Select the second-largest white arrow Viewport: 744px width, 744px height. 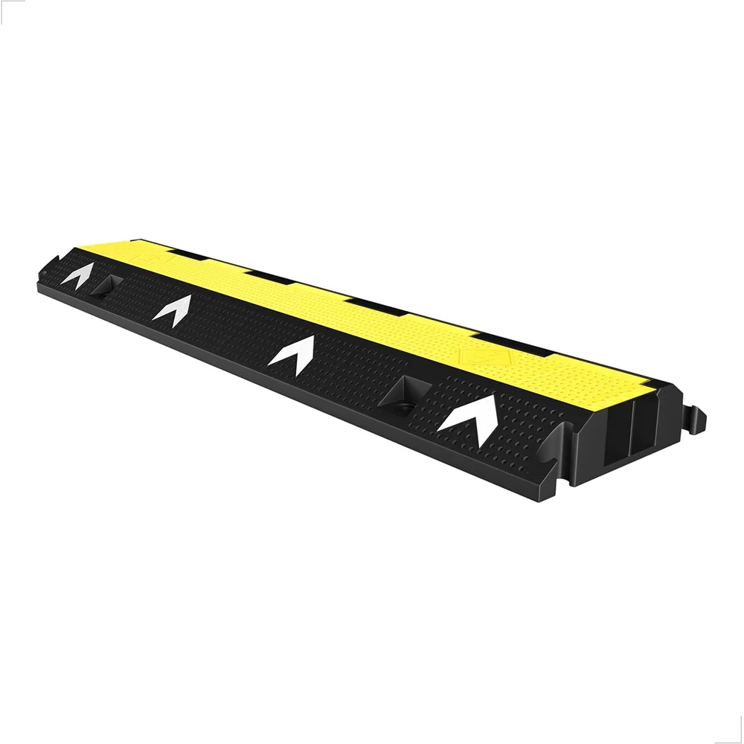point(292,353)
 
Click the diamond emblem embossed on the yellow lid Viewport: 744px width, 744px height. point(475,355)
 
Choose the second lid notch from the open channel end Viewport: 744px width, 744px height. point(376,306)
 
